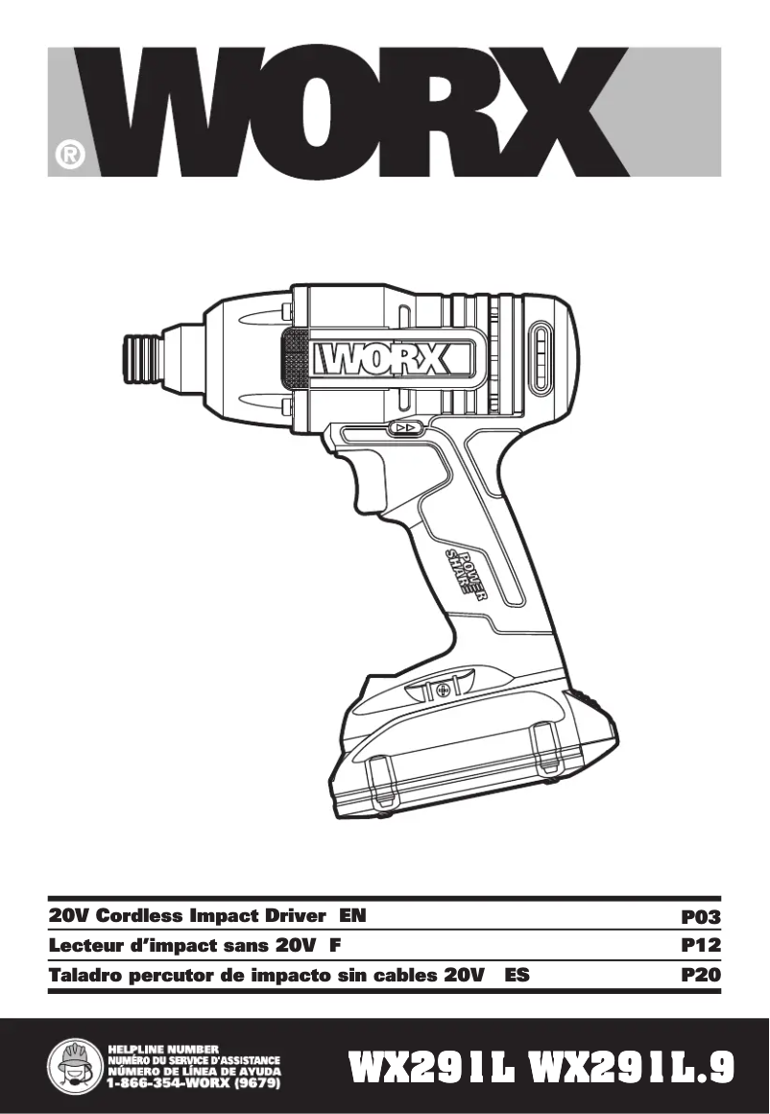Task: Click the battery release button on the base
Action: (442, 689)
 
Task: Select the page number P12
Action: (700, 946)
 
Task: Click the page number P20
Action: (700, 975)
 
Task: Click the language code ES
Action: (517, 975)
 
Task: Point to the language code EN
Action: (352, 916)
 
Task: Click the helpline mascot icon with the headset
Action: (74, 1067)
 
